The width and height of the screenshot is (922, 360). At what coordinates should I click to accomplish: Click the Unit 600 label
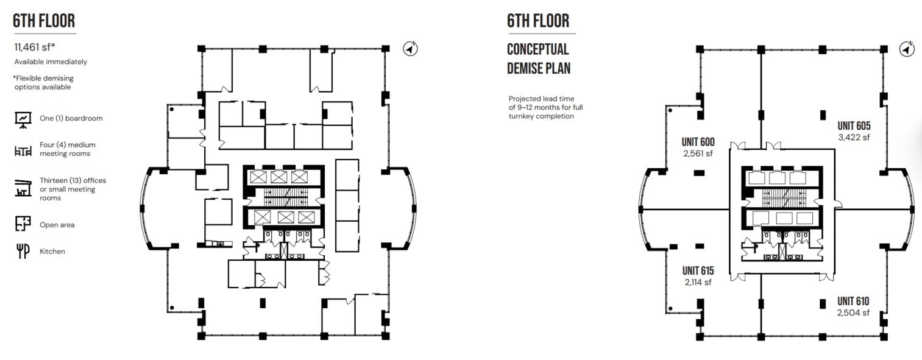pyautogui.click(x=698, y=142)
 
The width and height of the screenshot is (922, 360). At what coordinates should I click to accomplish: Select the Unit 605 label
pyautogui.click(x=854, y=126)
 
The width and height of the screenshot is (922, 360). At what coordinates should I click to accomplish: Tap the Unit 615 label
pyautogui.click(x=698, y=270)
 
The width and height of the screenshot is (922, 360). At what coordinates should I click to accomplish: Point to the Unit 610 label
pyautogui.click(x=853, y=301)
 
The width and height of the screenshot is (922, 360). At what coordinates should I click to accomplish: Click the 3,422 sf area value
pyautogui.click(x=854, y=138)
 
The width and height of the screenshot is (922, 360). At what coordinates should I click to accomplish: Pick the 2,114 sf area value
pyautogui.click(x=698, y=282)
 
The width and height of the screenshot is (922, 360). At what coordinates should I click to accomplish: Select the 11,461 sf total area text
pyautogui.click(x=35, y=48)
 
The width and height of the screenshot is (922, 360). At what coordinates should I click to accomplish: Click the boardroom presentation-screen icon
pyautogui.click(x=23, y=120)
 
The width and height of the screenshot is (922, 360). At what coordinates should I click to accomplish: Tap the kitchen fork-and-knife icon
pyautogui.click(x=23, y=251)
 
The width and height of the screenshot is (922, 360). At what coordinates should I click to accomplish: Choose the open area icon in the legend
pyautogui.click(x=23, y=224)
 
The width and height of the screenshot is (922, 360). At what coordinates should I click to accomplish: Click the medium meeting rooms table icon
pyautogui.click(x=23, y=151)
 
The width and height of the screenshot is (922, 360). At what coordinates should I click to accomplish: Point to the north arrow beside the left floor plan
pyautogui.click(x=410, y=49)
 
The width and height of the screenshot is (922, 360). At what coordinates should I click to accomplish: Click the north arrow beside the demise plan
pyautogui.click(x=907, y=49)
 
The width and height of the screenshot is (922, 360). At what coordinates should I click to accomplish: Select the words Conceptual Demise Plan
pyautogui.click(x=538, y=59)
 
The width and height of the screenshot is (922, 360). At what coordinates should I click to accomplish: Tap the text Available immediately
pyautogui.click(x=51, y=62)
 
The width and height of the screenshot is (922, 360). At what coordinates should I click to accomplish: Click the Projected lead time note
pyautogui.click(x=545, y=107)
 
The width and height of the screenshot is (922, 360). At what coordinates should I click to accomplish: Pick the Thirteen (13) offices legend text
pyautogui.click(x=73, y=189)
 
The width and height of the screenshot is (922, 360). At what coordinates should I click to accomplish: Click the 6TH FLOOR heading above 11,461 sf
pyautogui.click(x=44, y=21)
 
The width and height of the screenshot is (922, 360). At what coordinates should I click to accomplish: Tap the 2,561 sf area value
pyautogui.click(x=698, y=154)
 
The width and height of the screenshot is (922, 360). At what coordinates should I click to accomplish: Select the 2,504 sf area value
pyautogui.click(x=853, y=312)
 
